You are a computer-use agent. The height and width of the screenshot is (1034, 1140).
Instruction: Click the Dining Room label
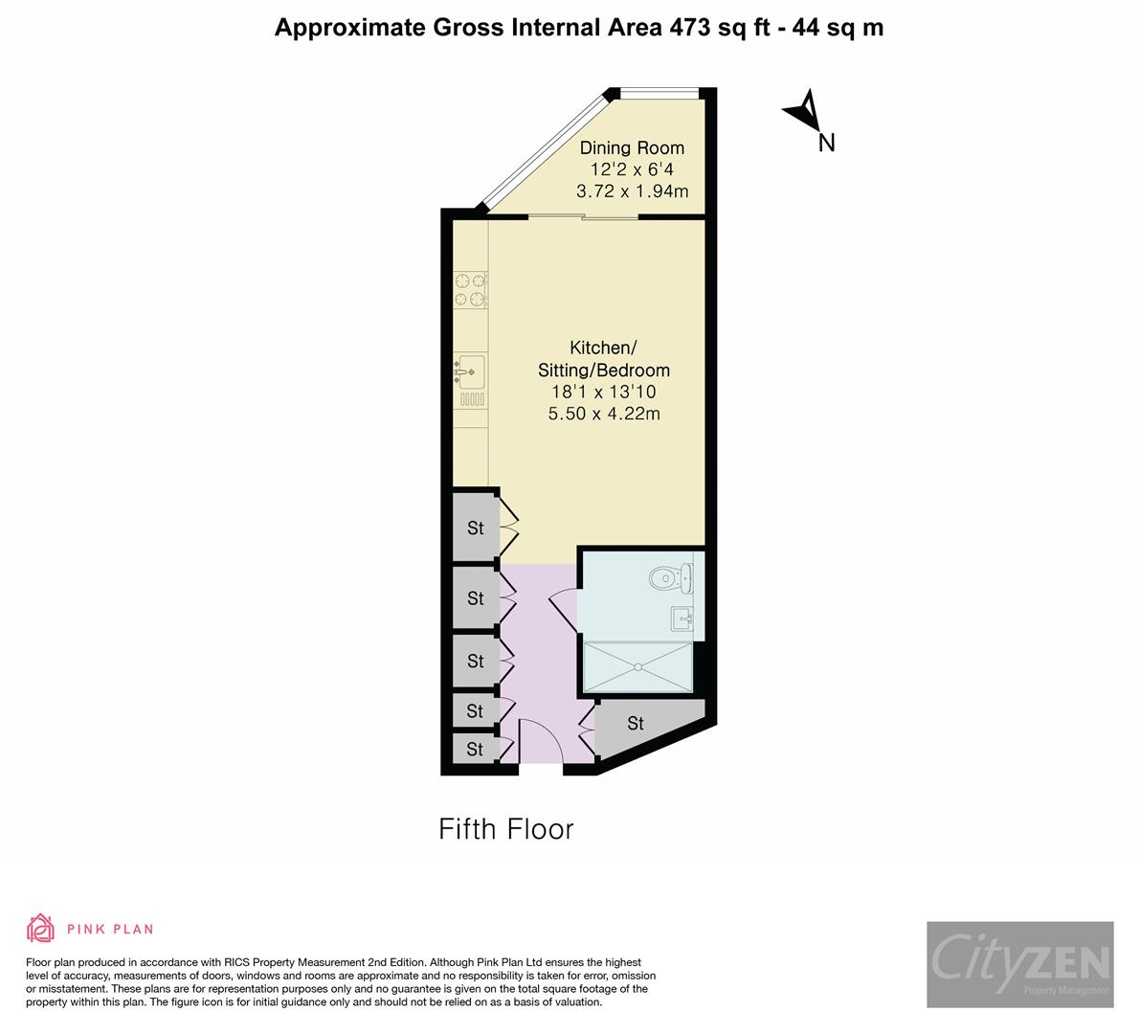pos(632,147)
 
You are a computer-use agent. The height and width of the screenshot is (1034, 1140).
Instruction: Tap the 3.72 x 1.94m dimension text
pos(632,191)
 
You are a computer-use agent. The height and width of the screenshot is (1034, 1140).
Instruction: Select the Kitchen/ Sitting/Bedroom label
pos(607,358)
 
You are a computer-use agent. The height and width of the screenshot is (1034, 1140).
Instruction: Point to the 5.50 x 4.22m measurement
pos(604,414)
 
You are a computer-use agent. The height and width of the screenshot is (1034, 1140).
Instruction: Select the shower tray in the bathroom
pos(637,666)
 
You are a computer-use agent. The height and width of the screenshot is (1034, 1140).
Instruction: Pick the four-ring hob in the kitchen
pos(469,291)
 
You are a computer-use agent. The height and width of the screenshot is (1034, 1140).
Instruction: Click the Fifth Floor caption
pos(505,828)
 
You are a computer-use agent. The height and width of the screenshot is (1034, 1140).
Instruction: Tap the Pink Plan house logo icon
pos(41,928)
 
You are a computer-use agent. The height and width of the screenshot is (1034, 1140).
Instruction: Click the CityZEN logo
pos(1019,964)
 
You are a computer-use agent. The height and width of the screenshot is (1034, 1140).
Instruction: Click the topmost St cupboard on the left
pos(475,527)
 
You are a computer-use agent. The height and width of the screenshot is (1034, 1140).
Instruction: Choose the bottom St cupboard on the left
pos(475,749)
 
